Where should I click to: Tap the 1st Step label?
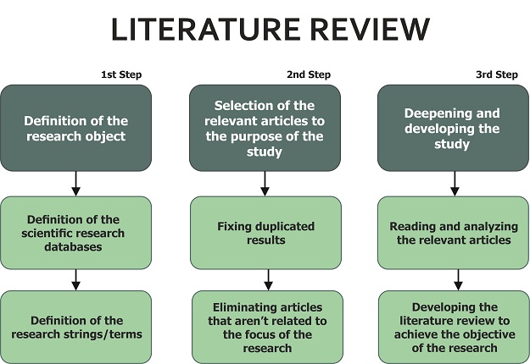(x=121, y=74)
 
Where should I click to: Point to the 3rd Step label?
(x=496, y=74)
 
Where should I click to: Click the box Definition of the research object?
(x=76, y=128)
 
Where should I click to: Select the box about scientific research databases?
(x=76, y=233)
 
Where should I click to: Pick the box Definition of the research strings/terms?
(x=76, y=327)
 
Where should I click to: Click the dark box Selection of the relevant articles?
(x=265, y=128)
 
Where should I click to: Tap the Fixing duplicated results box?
(x=265, y=233)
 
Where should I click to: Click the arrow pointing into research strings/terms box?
(x=76, y=280)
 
